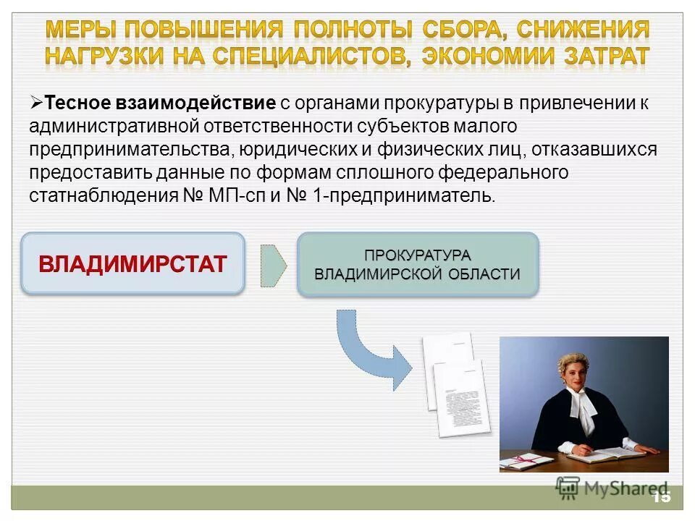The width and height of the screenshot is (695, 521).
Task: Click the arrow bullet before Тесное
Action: tap(37, 102)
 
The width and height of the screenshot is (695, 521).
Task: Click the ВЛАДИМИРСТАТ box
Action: tap(132, 263)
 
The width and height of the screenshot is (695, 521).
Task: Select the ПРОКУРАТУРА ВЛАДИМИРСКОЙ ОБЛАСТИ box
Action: tap(418, 264)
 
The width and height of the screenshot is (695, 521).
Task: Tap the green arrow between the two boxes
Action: tap(273, 264)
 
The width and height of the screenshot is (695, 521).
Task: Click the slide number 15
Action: tap(661, 497)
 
